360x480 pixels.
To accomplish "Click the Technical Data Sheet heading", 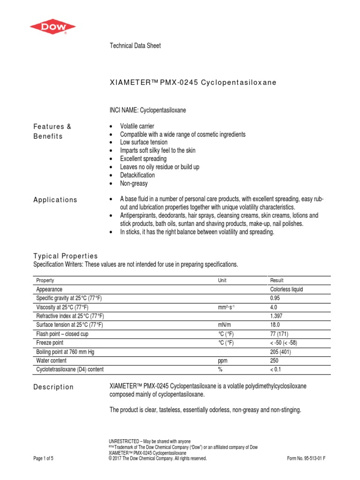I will [x=135, y=46].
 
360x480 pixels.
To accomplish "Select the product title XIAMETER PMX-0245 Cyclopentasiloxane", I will [x=193, y=82].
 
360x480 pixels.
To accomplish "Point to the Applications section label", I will [x=55, y=200].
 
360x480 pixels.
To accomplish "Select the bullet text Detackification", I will [x=137, y=175].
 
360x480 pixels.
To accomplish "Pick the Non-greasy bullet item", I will [x=134, y=184].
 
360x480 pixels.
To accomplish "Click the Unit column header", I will [x=222, y=280].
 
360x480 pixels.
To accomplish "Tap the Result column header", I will [x=277, y=280].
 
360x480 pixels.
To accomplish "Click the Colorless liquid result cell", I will [x=286, y=290].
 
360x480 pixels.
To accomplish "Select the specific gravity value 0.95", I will [x=275, y=298].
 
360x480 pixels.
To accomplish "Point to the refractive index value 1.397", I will [x=277, y=316].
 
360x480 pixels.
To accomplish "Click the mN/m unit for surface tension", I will [x=225, y=325].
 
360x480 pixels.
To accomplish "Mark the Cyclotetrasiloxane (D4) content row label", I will [x=70, y=369].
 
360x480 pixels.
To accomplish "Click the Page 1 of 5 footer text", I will [x=44, y=458].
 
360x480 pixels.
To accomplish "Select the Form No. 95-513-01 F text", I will [x=306, y=458].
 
